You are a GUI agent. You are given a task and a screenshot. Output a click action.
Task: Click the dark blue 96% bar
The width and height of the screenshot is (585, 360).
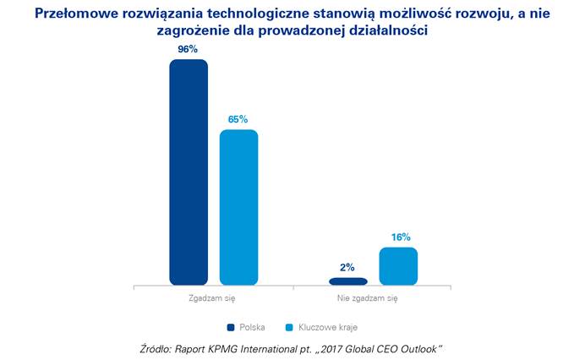(x=188, y=172)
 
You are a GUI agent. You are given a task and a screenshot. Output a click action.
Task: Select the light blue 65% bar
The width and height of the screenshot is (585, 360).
(x=238, y=207)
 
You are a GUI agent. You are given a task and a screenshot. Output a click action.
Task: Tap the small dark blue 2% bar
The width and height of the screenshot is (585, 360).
(x=348, y=281)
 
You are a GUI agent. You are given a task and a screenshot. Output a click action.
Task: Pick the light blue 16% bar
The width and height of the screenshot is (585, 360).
(x=398, y=266)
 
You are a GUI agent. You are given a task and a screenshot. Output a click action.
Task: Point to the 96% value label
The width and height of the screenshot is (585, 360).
(x=188, y=49)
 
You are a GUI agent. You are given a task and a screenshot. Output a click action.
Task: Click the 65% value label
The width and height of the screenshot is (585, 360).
(x=238, y=119)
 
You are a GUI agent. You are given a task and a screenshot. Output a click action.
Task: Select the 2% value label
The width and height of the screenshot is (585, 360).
(x=348, y=267)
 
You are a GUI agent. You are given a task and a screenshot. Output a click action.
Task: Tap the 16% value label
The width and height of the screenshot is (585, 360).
(x=399, y=237)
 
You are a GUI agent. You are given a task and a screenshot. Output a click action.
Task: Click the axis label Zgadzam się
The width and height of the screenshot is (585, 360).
(x=213, y=298)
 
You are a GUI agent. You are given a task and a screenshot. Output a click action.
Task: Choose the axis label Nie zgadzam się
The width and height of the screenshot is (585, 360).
(x=373, y=298)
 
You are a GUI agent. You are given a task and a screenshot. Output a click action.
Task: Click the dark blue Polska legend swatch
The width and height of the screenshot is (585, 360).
(x=230, y=326)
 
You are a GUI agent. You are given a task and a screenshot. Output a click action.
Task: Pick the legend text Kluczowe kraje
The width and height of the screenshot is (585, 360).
(x=325, y=326)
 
